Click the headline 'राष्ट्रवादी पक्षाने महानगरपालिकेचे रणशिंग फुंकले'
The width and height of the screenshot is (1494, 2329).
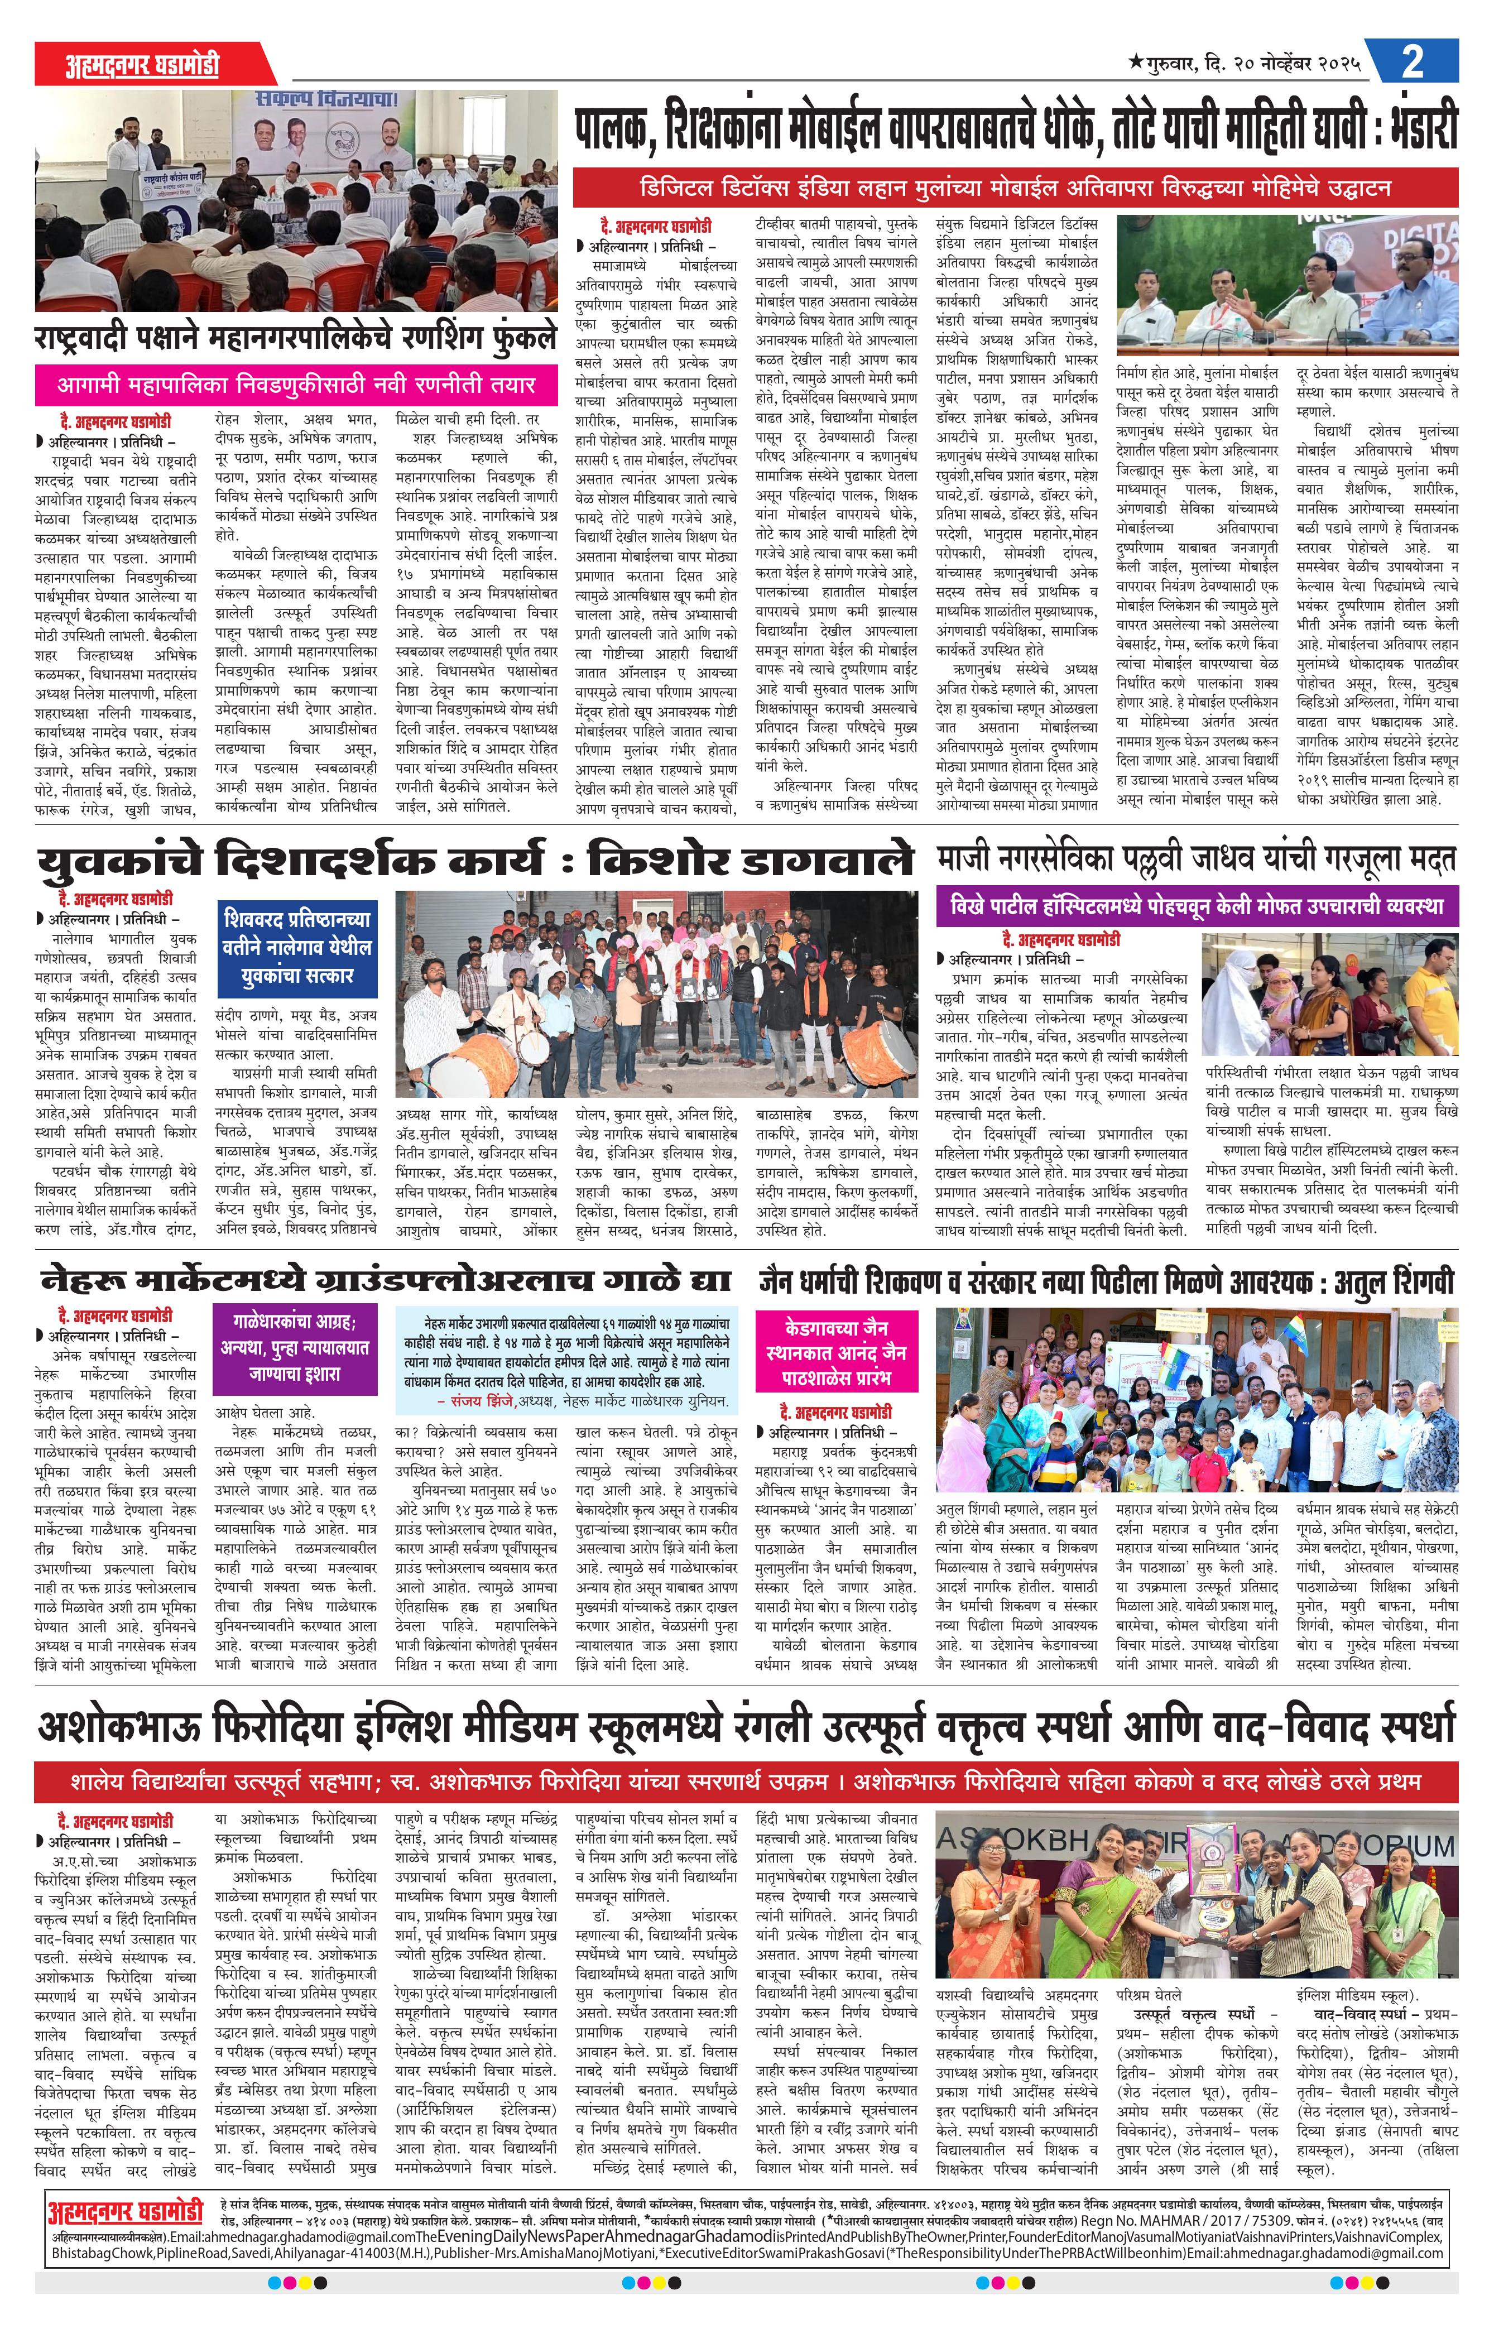click(296, 339)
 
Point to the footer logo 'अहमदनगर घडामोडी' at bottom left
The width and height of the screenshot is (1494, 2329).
click(125, 2186)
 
